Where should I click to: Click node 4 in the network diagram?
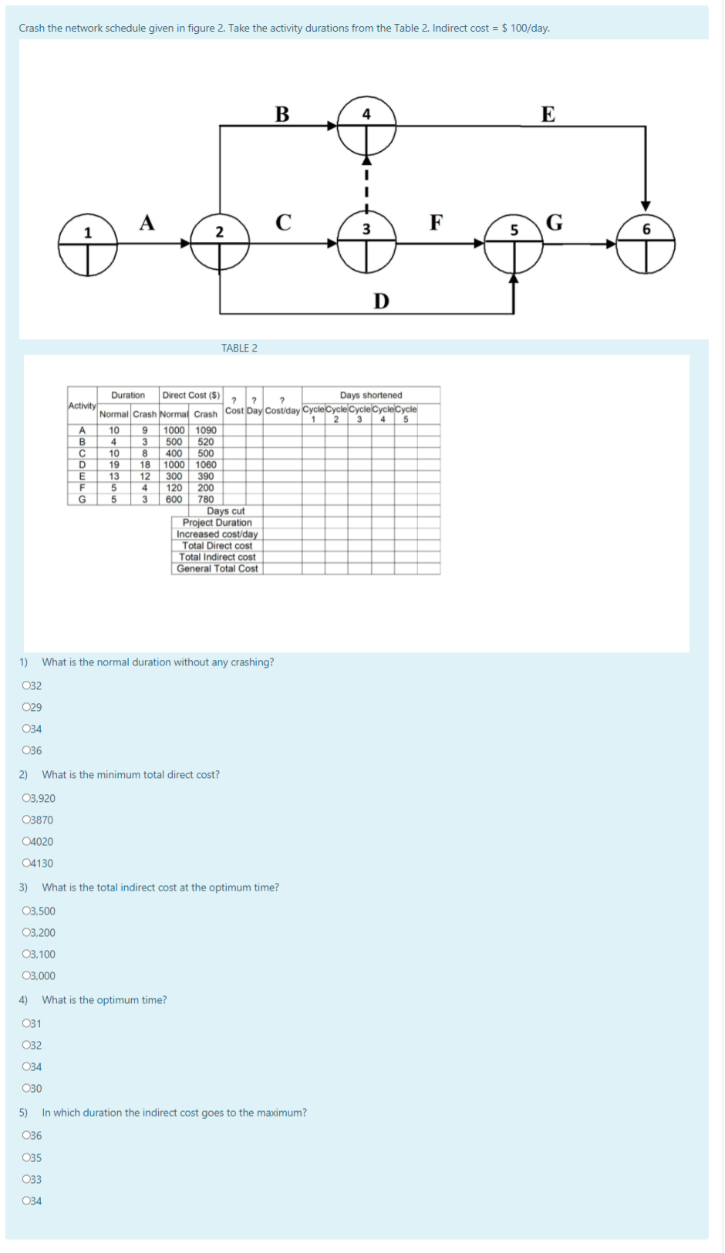(x=366, y=125)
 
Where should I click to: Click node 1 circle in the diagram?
(x=88, y=244)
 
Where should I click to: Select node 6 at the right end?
(x=646, y=244)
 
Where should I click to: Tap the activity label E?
(x=548, y=114)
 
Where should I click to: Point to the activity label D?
(x=381, y=301)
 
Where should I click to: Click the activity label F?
(x=436, y=223)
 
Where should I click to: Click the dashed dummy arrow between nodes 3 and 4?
(x=366, y=185)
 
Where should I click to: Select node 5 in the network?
(x=514, y=244)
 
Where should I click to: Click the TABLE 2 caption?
(x=239, y=348)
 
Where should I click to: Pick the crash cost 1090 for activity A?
(x=206, y=430)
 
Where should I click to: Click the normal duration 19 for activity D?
(x=114, y=465)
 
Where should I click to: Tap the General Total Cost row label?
(x=217, y=568)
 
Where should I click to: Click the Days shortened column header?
(x=371, y=395)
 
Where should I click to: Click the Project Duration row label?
(x=217, y=522)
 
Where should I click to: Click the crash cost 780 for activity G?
(x=206, y=499)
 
